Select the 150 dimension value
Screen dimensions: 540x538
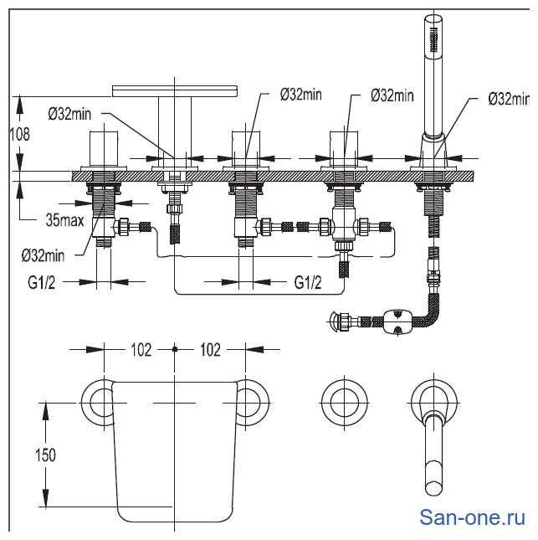click(x=46, y=455)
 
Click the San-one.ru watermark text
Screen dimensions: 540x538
click(x=472, y=517)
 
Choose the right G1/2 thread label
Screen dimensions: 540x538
click(x=307, y=283)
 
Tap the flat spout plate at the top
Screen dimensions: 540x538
click(x=174, y=88)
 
